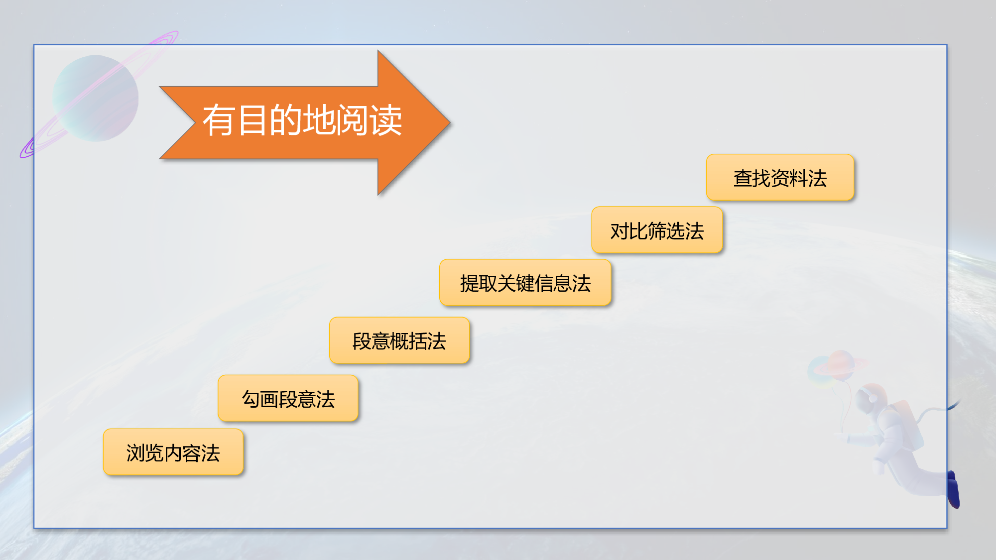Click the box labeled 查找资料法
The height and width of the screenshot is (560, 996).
click(x=780, y=178)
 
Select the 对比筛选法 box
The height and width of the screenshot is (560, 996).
click(x=657, y=230)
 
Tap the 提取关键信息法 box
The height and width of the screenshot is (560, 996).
click(x=525, y=283)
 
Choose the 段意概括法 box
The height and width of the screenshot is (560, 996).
click(x=399, y=340)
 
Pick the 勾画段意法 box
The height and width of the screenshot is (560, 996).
click(x=288, y=398)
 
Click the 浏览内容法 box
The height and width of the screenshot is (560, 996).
click(x=173, y=452)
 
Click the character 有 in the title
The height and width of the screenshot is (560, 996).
click(x=218, y=120)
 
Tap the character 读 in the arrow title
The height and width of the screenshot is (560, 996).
click(x=385, y=120)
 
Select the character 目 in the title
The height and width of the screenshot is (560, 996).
click(x=252, y=120)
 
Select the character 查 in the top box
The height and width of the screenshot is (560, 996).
click(x=743, y=178)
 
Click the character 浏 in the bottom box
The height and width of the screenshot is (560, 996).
click(x=135, y=452)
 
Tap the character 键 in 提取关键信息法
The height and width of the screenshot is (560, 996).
click(x=525, y=283)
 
